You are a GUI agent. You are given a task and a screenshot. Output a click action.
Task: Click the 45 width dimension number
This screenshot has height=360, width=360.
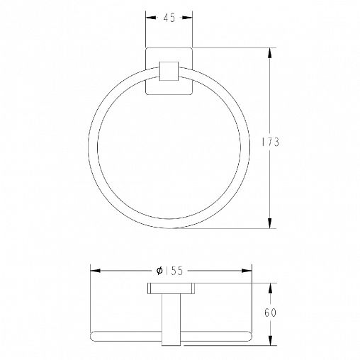pyautogui.click(x=169, y=18)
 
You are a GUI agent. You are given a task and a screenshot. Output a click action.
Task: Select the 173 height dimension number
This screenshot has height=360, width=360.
pyautogui.click(x=271, y=142)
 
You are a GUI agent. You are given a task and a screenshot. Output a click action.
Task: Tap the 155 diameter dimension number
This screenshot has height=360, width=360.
pyautogui.click(x=174, y=271)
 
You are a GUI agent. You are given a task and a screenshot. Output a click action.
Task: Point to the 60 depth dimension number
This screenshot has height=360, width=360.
pyautogui.click(x=270, y=313)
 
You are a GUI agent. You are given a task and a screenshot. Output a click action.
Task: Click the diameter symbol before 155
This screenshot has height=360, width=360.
pyautogui.click(x=159, y=271)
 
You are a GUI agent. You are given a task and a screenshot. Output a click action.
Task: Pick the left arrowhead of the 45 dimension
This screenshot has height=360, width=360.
pyautogui.click(x=151, y=18)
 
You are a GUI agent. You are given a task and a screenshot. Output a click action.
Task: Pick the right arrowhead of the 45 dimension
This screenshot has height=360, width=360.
pyautogui.click(x=187, y=18)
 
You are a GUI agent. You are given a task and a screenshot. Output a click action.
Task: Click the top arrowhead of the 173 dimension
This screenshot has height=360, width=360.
pyautogui.click(x=270, y=53)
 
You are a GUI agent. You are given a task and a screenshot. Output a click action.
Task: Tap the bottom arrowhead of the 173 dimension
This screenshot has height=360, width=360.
pyautogui.click(x=270, y=223)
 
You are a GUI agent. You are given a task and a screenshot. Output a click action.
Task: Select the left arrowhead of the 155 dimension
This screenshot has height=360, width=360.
pyautogui.click(x=96, y=271)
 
